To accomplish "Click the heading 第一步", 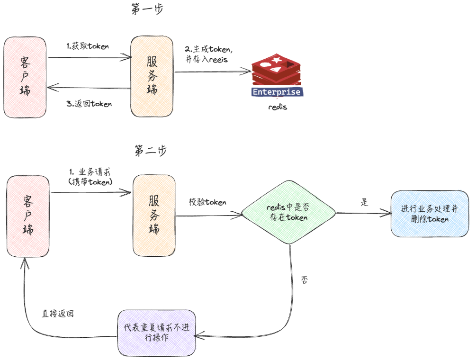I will (x=147, y=9).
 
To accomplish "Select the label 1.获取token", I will (x=88, y=46).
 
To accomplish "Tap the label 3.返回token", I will (x=90, y=103).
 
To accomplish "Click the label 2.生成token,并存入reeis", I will (x=209, y=54).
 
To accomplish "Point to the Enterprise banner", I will (x=277, y=92).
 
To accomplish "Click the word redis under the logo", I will (x=278, y=107).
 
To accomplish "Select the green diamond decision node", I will (x=289, y=213).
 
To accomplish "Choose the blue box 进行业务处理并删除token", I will (x=429, y=214).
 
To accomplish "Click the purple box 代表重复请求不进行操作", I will (x=156, y=333).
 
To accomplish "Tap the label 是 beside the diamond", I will (x=364, y=202).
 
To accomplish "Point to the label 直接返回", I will (x=57, y=314).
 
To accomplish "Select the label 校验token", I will (x=207, y=202).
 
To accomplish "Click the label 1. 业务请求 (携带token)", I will (x=90, y=176).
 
